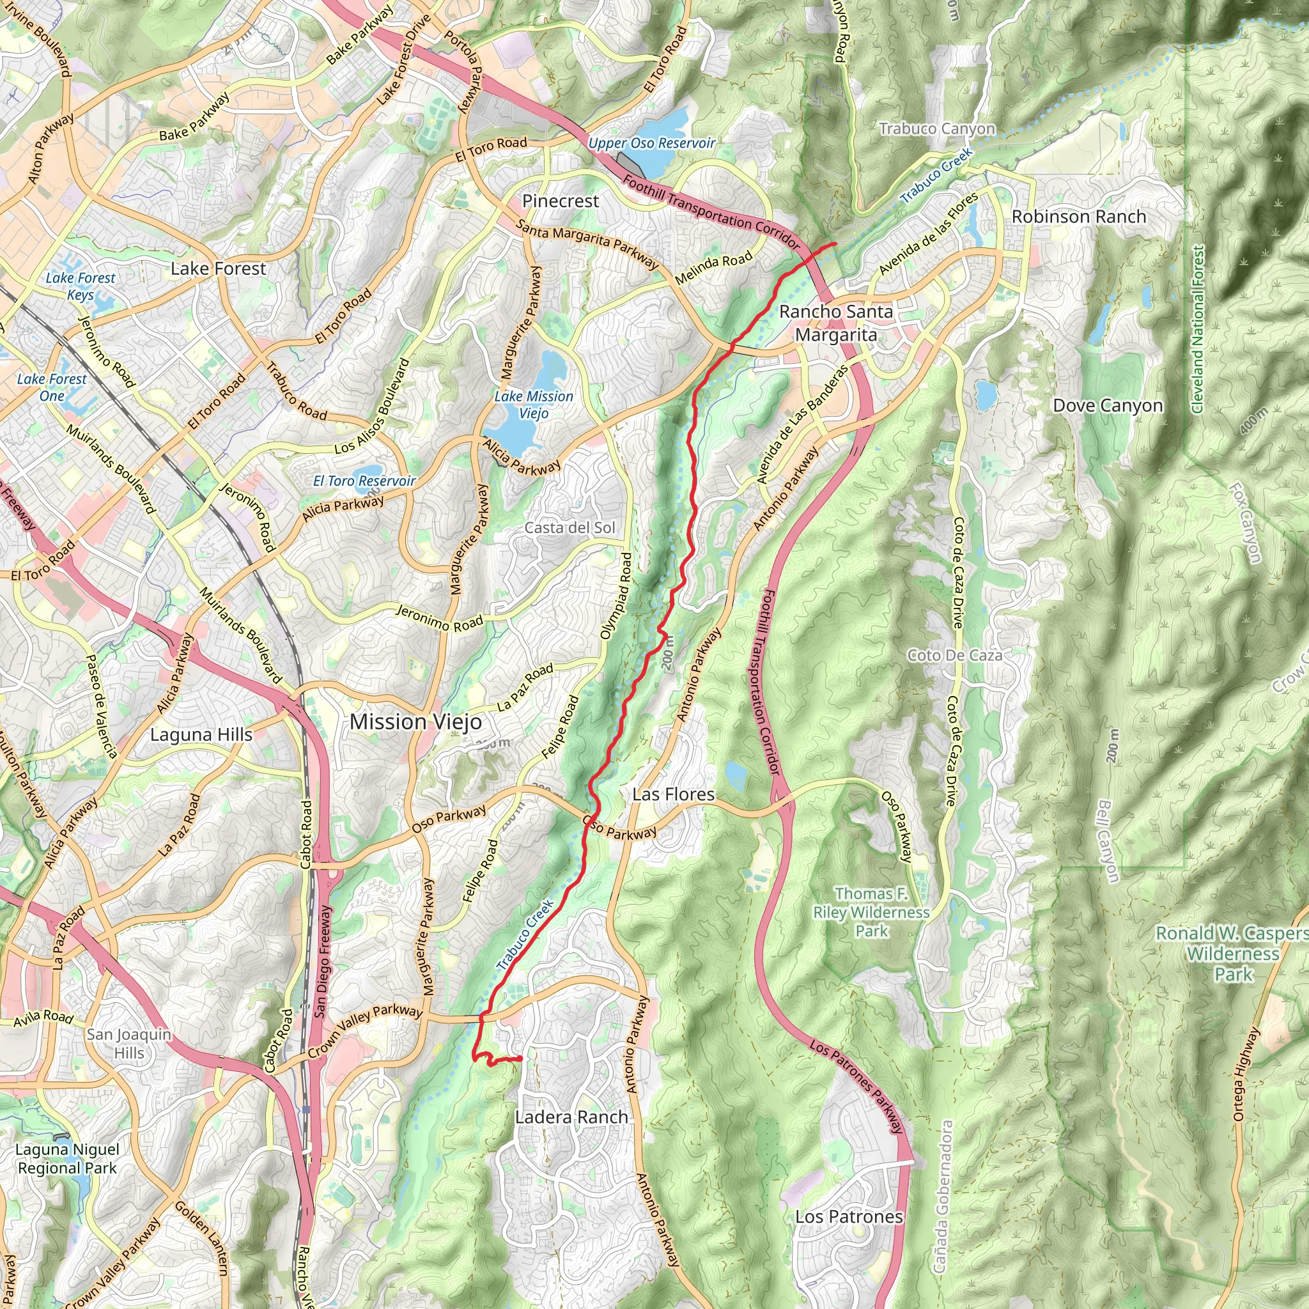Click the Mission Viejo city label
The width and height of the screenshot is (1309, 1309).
pos(415,722)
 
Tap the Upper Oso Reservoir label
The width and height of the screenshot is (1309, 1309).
pos(651,144)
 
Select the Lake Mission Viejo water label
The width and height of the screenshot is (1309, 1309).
pos(533,405)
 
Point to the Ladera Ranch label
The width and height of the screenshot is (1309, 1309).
pos(571,1117)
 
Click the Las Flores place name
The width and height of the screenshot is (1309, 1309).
pos(673,794)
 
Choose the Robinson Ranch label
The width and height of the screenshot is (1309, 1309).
pos(1079,217)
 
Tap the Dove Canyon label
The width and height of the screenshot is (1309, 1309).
pos(1108,406)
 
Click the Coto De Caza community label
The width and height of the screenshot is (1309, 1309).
pos(954,655)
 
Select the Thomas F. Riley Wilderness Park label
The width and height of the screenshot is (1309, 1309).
pos(871,913)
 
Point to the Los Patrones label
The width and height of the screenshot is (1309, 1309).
pos(849,1217)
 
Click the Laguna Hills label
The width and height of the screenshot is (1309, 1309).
pos(201,735)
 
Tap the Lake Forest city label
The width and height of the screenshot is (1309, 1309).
pos(218,269)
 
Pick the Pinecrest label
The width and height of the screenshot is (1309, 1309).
pos(561,201)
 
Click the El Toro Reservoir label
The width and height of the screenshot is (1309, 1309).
pos(364,481)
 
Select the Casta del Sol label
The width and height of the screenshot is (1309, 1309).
pos(569,528)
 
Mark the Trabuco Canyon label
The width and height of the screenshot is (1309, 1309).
pos(937,128)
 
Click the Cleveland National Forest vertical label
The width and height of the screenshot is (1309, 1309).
pos(1197,329)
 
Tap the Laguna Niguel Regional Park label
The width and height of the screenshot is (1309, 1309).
pos(67,1159)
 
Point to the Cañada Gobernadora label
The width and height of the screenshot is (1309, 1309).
pos(943,1197)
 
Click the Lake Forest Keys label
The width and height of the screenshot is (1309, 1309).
pos(80,286)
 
